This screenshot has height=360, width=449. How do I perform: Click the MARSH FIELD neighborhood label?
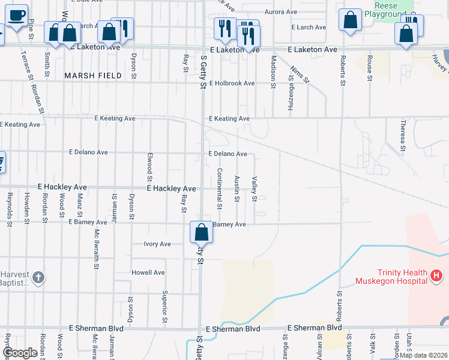pos(93,76)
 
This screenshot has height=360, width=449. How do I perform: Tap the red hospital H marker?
pos(437,277)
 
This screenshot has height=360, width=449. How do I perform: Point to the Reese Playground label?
pos(391,10)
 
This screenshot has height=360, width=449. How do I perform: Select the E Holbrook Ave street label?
pos(232,83)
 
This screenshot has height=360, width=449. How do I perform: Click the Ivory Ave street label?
pos(157,244)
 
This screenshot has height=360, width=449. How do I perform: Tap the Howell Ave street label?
pos(148,272)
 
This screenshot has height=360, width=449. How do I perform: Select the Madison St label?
pos(273,73)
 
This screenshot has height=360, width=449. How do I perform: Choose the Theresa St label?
pos(403,135)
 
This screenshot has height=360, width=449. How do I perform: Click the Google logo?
pos(20,353)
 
